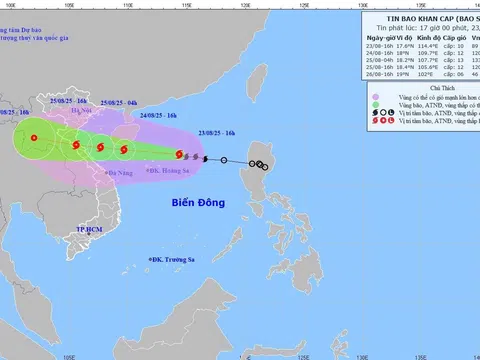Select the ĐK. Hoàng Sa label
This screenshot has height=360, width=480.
(171, 171)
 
